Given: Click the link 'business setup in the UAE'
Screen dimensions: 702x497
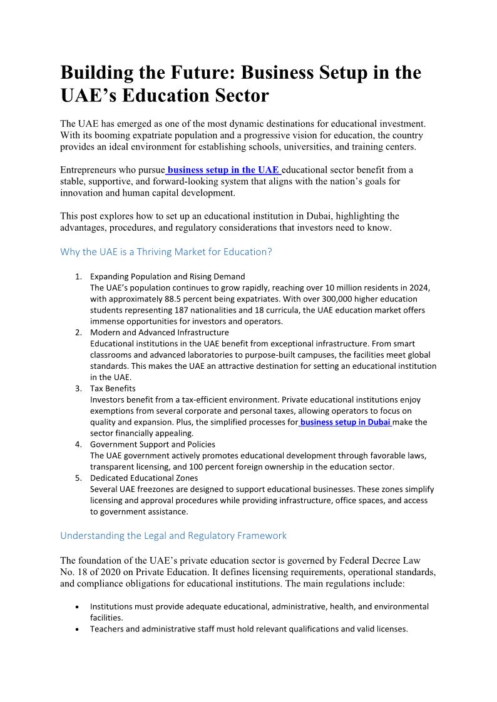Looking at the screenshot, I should (x=223, y=170).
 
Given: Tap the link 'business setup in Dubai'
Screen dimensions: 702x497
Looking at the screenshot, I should (x=346, y=422).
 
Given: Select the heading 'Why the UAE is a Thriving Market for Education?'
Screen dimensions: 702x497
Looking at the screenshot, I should (x=166, y=252).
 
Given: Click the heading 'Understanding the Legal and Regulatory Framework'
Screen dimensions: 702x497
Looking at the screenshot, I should (x=173, y=536).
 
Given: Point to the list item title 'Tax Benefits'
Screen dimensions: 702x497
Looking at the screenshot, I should (x=113, y=388).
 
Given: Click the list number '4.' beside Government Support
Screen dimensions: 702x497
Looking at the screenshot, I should (x=79, y=444).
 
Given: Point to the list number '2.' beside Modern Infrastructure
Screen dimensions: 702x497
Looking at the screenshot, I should (x=79, y=333).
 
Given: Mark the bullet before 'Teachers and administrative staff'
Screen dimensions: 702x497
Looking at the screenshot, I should (x=76, y=629).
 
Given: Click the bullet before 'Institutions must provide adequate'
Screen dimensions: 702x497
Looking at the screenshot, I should (x=76, y=607).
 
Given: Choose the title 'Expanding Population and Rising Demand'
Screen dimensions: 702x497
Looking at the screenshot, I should (x=168, y=276).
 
